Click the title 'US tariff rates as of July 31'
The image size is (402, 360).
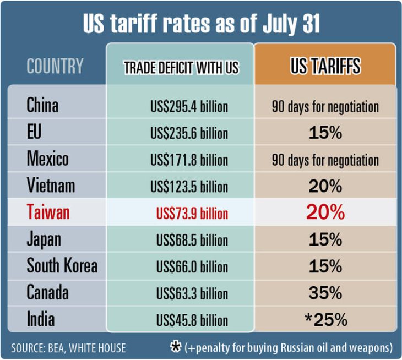[x=201, y=24]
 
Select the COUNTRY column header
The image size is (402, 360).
[x=55, y=67]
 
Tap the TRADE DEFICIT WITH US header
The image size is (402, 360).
[x=181, y=68]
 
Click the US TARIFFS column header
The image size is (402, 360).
[x=325, y=66]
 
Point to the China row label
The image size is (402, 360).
[x=42, y=105]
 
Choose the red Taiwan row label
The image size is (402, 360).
[x=48, y=212]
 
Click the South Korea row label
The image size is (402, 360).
[x=62, y=266]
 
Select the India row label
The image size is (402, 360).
[x=41, y=319]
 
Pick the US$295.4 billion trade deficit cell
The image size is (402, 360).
[x=189, y=106]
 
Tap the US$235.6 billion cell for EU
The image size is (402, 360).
[x=189, y=133]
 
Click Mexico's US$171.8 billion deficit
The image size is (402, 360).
[x=189, y=160]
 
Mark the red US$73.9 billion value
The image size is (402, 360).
[x=192, y=214]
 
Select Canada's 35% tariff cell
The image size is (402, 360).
[x=325, y=292]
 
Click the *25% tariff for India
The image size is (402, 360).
[x=325, y=319]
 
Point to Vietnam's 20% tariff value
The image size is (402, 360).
[x=325, y=187]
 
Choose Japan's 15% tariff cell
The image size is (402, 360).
[x=325, y=240]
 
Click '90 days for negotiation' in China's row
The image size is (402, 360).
[x=325, y=106]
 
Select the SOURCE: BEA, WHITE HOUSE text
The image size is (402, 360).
[x=68, y=348]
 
